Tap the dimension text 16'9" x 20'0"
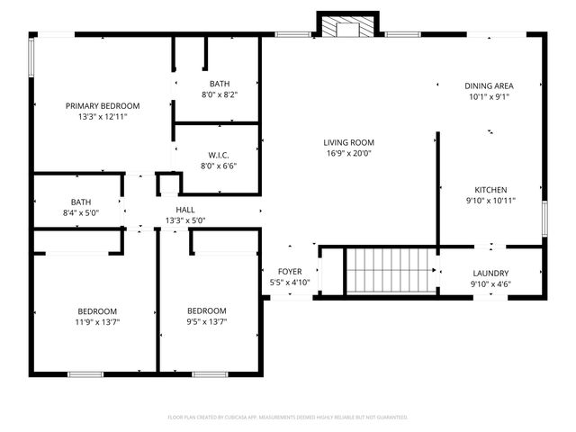pos(349,153)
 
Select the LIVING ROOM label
pos(349,142)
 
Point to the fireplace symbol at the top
pos(343,28)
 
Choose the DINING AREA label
pos(489,85)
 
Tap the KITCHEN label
pos(491,190)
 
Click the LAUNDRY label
pos(490,274)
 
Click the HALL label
pos(185,210)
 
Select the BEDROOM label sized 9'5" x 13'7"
pos(207,311)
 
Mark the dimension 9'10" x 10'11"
pos(491,201)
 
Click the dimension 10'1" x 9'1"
pos(489,96)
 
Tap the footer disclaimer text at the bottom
pos(288,417)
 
